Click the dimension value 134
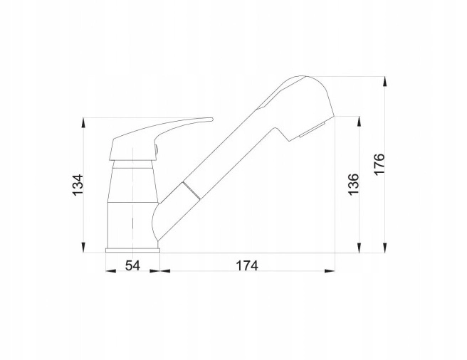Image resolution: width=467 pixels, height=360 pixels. [78, 185]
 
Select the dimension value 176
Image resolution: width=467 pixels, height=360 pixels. [379, 164]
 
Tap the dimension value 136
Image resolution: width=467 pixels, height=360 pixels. [354, 184]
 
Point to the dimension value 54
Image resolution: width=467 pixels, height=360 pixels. [132, 265]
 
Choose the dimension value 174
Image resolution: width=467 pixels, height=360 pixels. [247, 265]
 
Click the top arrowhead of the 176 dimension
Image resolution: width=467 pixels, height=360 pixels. [385, 82]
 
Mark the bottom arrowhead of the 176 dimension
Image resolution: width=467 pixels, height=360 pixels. [385, 248]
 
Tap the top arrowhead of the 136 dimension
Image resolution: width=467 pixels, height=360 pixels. [360, 122]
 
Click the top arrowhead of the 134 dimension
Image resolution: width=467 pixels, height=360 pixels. [84, 123]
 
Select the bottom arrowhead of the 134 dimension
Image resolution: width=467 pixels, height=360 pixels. [84, 248]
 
